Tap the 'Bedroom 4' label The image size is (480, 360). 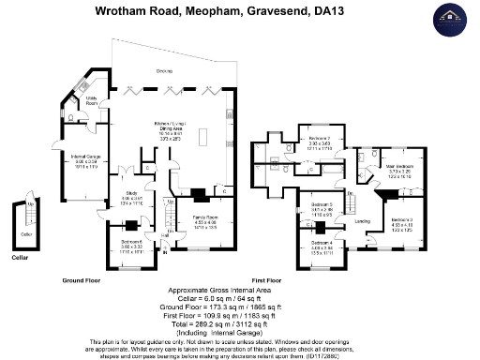point(322,243)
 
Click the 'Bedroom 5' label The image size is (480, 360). point(322,203)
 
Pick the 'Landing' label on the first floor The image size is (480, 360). point(362,221)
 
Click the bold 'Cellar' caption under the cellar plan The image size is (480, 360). point(21,256)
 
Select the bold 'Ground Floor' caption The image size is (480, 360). point(82,280)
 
